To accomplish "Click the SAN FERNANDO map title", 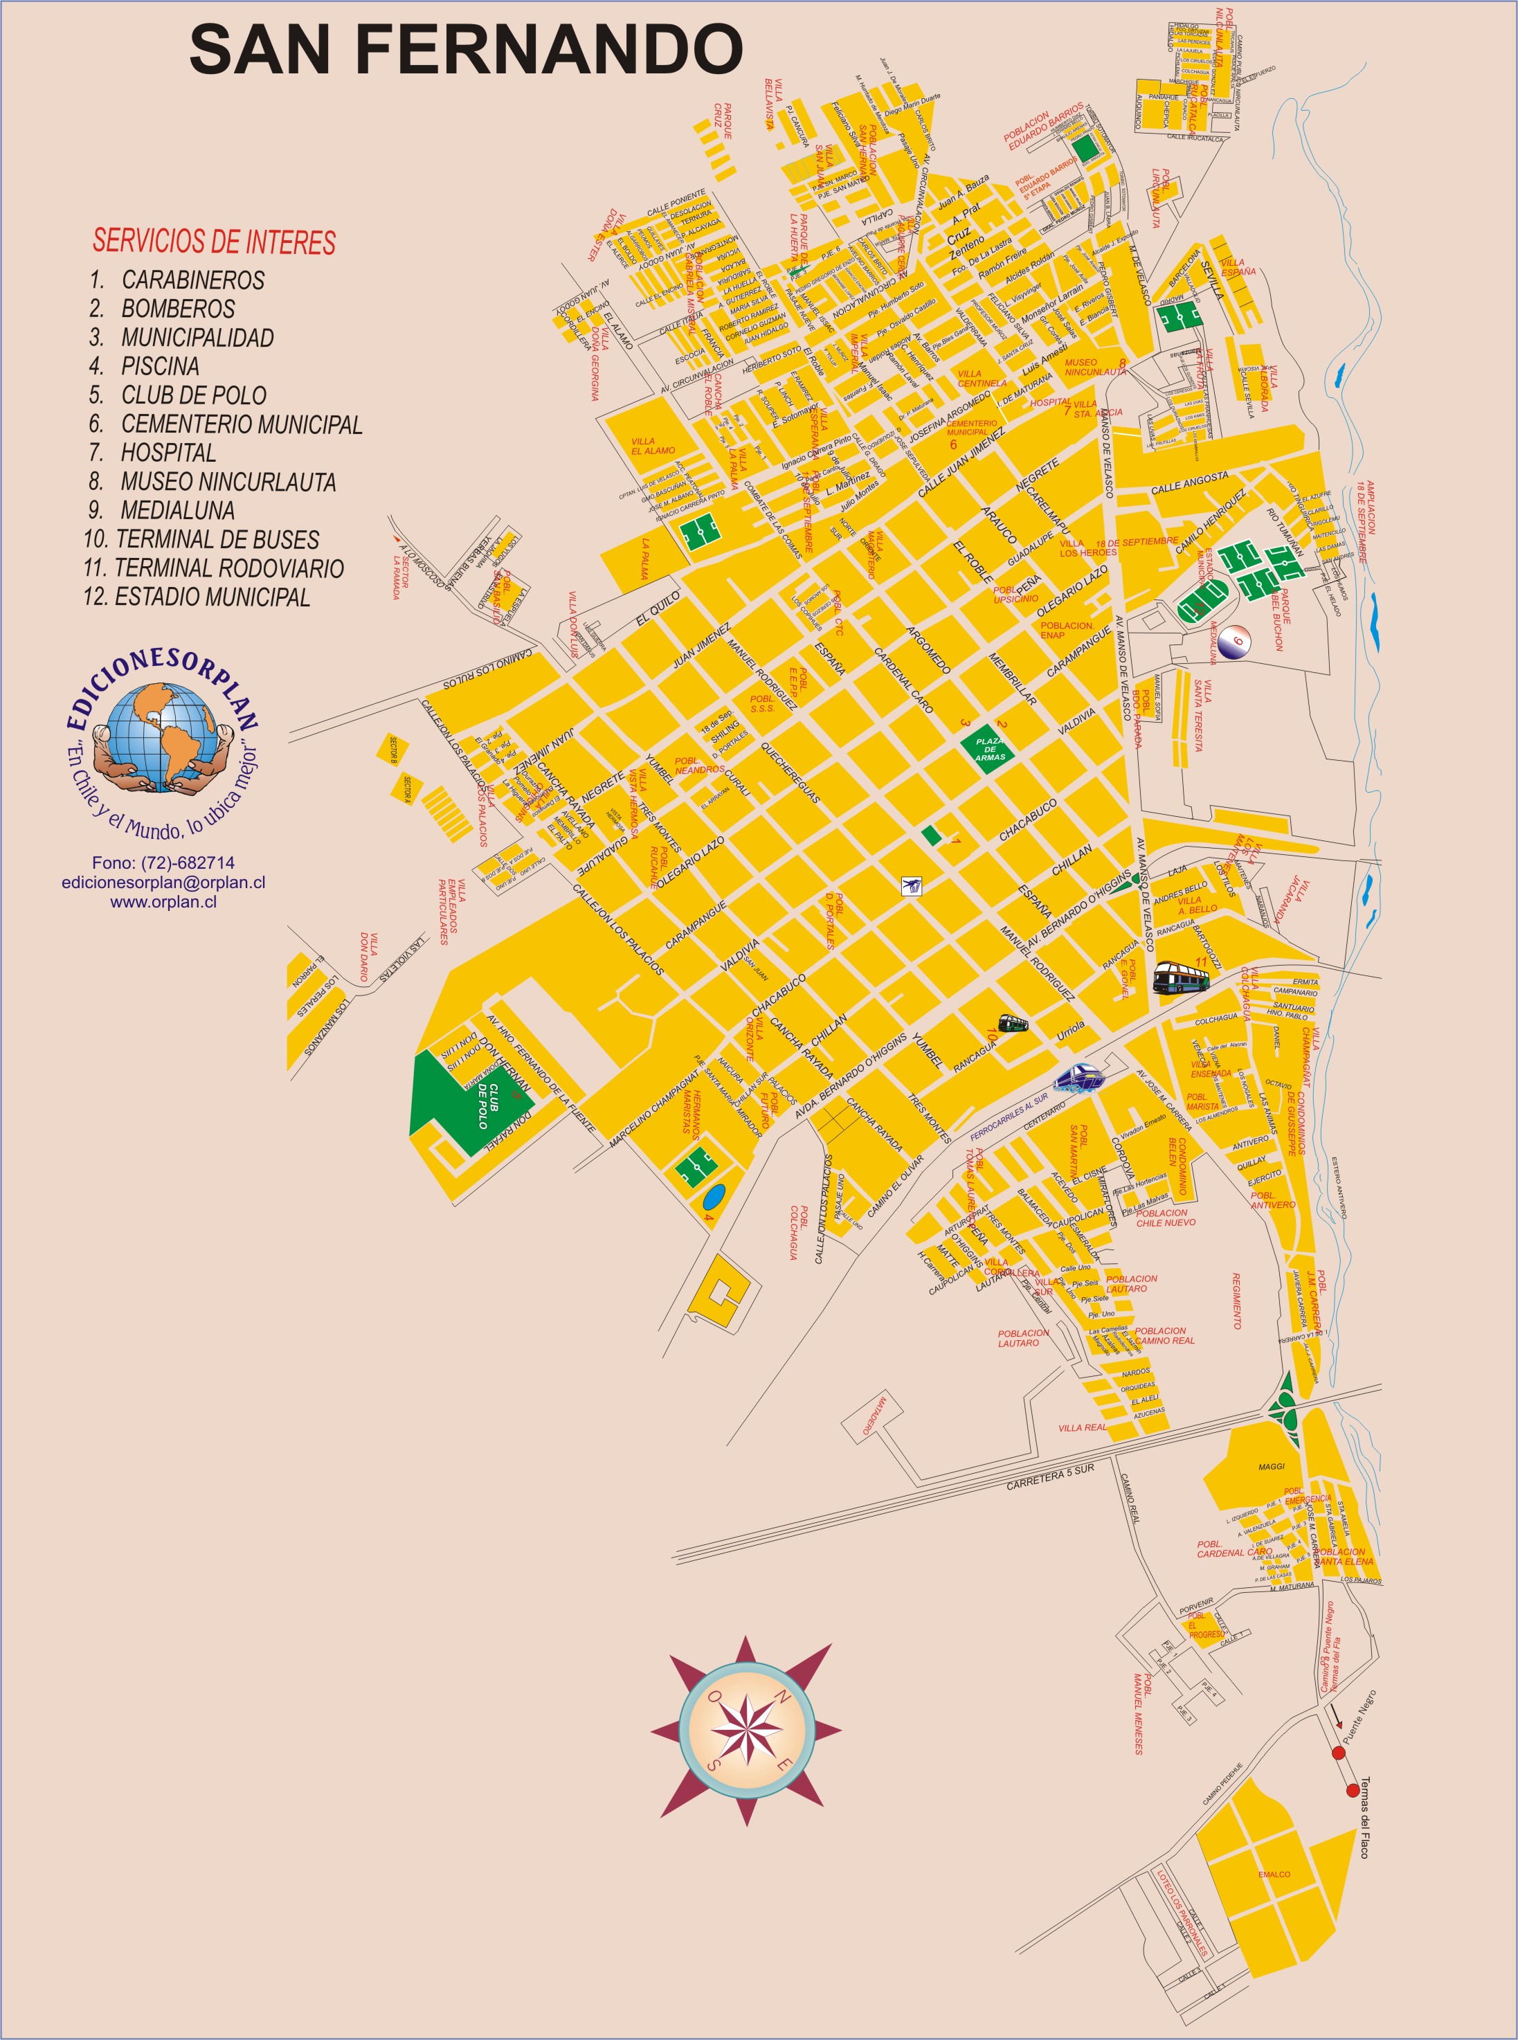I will pos(466,50).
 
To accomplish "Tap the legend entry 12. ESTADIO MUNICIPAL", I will pos(197,597).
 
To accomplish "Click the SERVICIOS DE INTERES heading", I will pos(214,242).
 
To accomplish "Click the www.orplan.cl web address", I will pos(163,901).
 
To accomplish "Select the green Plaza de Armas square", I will pos(990,749).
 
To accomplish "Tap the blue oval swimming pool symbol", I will pos(714,1196).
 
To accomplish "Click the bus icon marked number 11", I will pos(1181,977).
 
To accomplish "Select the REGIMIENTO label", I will pos(1237,1300).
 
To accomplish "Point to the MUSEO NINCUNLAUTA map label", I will pos(1094,367).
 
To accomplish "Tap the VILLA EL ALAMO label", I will pos(653,446).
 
